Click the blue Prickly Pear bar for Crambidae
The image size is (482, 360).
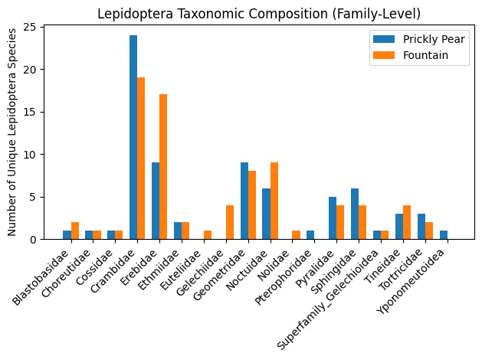pyautogui.click(x=133, y=138)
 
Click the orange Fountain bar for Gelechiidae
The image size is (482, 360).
pyautogui.click(x=230, y=222)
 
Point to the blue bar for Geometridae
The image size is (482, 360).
pyautogui.click(x=244, y=201)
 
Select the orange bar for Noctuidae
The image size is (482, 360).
pyautogui.click(x=274, y=201)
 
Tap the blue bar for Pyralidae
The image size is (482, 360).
pyautogui.click(x=333, y=218)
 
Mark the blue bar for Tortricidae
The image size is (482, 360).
pyautogui.click(x=421, y=227)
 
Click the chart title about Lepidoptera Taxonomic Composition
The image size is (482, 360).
pyautogui.click(x=259, y=13)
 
